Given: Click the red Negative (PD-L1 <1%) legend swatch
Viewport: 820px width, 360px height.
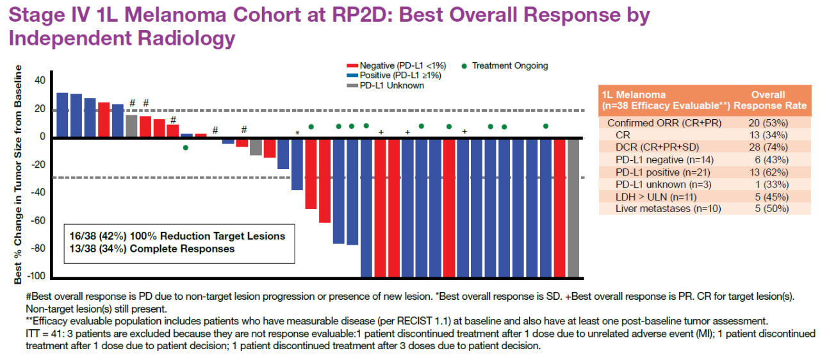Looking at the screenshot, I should click(351, 66).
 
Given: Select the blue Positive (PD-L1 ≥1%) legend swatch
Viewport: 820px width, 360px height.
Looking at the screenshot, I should click(351, 76).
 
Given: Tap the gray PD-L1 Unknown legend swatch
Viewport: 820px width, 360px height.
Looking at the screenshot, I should click(351, 85).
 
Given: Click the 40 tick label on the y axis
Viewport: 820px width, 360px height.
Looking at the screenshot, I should click(40, 81).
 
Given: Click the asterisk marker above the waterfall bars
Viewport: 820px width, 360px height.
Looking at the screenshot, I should click(297, 133).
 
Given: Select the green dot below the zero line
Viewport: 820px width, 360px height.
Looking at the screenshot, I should click(186, 148).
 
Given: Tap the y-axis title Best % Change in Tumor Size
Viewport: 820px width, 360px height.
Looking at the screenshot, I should click(19, 173).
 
